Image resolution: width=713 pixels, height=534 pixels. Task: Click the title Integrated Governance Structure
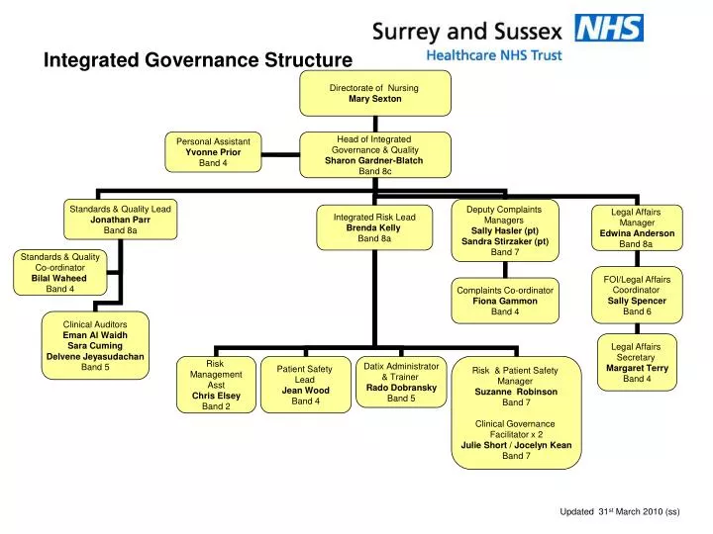[x=197, y=60]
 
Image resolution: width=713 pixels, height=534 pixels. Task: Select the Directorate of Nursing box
[x=374, y=93]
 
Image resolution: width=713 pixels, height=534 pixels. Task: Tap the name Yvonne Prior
[x=213, y=152]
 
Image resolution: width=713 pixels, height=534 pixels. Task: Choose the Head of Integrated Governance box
[x=374, y=155]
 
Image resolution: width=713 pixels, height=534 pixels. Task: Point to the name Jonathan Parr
[x=120, y=220]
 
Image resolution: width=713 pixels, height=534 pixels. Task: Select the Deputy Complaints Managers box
[x=504, y=230]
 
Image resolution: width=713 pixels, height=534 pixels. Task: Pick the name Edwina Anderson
[x=637, y=233]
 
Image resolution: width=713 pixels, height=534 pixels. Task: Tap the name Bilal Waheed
[x=59, y=279]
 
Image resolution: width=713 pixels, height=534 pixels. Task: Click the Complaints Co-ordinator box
[x=505, y=301]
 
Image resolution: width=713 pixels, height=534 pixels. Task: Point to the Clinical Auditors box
[x=95, y=345]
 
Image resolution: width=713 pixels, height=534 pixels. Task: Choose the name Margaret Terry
[x=637, y=368]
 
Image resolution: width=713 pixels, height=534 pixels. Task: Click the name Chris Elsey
[x=216, y=396]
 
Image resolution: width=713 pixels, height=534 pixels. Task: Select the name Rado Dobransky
[x=401, y=388]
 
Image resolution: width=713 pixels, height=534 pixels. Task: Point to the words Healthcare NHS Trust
[x=492, y=56]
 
